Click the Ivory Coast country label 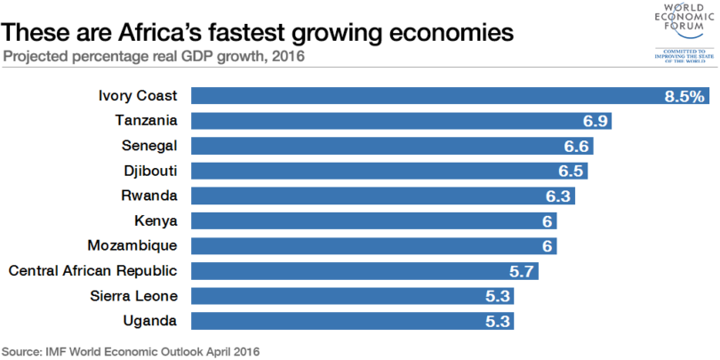coord(138,96)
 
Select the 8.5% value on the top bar coord(684,96)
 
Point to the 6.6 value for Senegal coord(576,146)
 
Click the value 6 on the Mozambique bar coord(548,245)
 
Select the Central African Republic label coord(93,270)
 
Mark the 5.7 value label coord(521,270)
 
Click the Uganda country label coord(152,320)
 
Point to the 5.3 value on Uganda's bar coord(497,320)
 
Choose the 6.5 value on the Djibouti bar coord(570,171)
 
